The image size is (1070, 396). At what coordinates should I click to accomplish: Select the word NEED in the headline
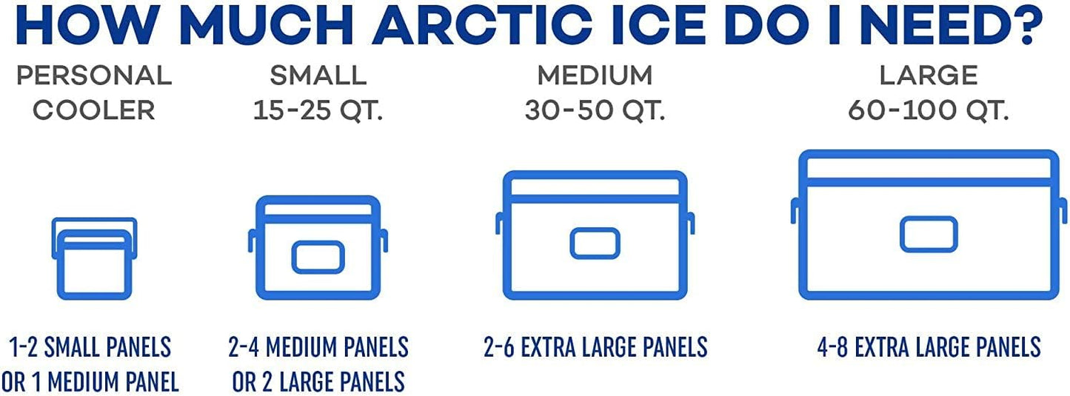914,26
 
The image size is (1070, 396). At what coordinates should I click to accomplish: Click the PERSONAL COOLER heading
94,93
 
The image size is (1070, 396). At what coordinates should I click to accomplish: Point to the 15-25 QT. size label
318,110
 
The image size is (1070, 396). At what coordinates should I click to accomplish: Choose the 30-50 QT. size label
595,110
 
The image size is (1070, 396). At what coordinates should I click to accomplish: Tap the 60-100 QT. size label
928,110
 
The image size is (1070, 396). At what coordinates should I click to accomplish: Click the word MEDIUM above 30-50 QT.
595,75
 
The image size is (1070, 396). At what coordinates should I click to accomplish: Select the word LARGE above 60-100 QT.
928,75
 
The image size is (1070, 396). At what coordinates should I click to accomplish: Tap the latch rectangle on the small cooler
318,256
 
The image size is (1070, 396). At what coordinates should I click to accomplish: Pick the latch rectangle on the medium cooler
595,243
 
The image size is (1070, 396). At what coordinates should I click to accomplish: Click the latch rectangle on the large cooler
929,234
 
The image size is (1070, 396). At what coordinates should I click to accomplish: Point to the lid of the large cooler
929,165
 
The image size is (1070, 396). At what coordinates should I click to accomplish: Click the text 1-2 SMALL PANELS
90,346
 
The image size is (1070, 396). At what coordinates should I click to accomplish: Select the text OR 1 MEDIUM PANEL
90,382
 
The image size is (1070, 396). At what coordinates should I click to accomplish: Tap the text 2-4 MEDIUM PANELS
318,346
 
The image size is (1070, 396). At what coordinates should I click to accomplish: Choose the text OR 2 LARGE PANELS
318,382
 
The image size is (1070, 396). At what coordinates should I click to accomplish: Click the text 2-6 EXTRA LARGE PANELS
595,346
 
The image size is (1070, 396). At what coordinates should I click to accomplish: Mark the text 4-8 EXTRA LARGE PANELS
929,346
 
